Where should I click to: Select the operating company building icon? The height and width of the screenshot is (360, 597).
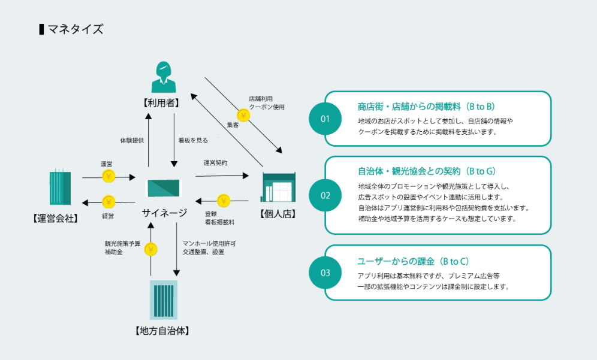pos(60,187)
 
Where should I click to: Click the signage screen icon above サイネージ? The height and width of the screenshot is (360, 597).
pos(162,188)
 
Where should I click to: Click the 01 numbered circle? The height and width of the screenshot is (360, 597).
pos(325,119)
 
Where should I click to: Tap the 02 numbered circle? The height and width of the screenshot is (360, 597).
pos(325,195)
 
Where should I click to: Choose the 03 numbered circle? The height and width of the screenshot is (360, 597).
pos(325,273)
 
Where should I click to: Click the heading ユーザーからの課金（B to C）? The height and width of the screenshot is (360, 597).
pos(412,261)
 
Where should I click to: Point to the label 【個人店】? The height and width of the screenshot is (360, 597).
pos(279,214)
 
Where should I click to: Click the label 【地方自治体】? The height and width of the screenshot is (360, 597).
pos(163,330)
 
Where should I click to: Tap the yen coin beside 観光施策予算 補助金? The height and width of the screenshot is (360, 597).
pos(151,249)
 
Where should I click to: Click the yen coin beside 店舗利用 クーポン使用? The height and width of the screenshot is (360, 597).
pos(243,115)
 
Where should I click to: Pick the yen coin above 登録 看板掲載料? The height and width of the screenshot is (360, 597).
pos(224,200)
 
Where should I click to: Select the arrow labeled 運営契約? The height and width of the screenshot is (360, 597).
pos(222,176)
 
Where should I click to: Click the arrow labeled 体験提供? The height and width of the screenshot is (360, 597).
pos(149,139)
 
